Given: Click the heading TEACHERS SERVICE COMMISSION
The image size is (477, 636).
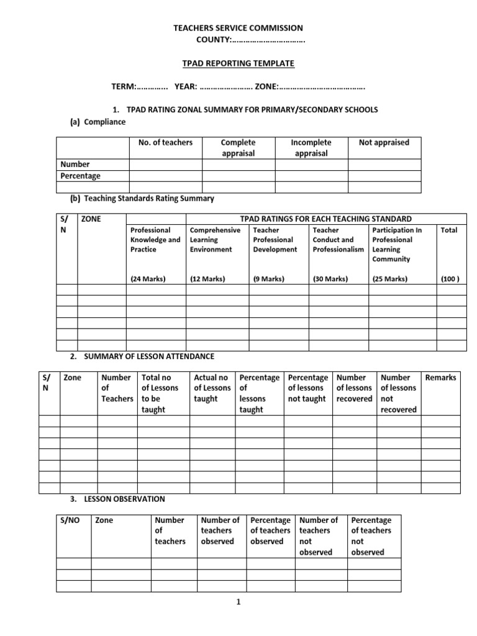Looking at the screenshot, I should tap(238, 28).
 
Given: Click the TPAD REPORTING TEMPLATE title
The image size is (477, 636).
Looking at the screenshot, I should tap(238, 63).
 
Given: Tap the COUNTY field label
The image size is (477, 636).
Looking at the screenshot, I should tap(214, 40).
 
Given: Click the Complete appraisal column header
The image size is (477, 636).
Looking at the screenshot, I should tap(238, 148).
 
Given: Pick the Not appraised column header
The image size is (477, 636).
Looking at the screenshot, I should tap(384, 142).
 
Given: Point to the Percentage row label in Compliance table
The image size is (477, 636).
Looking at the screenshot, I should tap(80, 176).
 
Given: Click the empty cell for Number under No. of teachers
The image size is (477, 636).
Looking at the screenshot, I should tap(165, 165).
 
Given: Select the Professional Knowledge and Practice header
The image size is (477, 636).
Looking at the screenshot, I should tap(155, 240).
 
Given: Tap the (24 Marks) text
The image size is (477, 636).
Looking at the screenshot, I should tap(148, 279).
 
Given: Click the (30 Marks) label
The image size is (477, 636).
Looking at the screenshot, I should tap(330, 279).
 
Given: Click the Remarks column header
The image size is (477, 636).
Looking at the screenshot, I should tap(440, 377).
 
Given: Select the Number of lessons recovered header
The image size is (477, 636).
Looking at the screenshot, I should tap(354, 388).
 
